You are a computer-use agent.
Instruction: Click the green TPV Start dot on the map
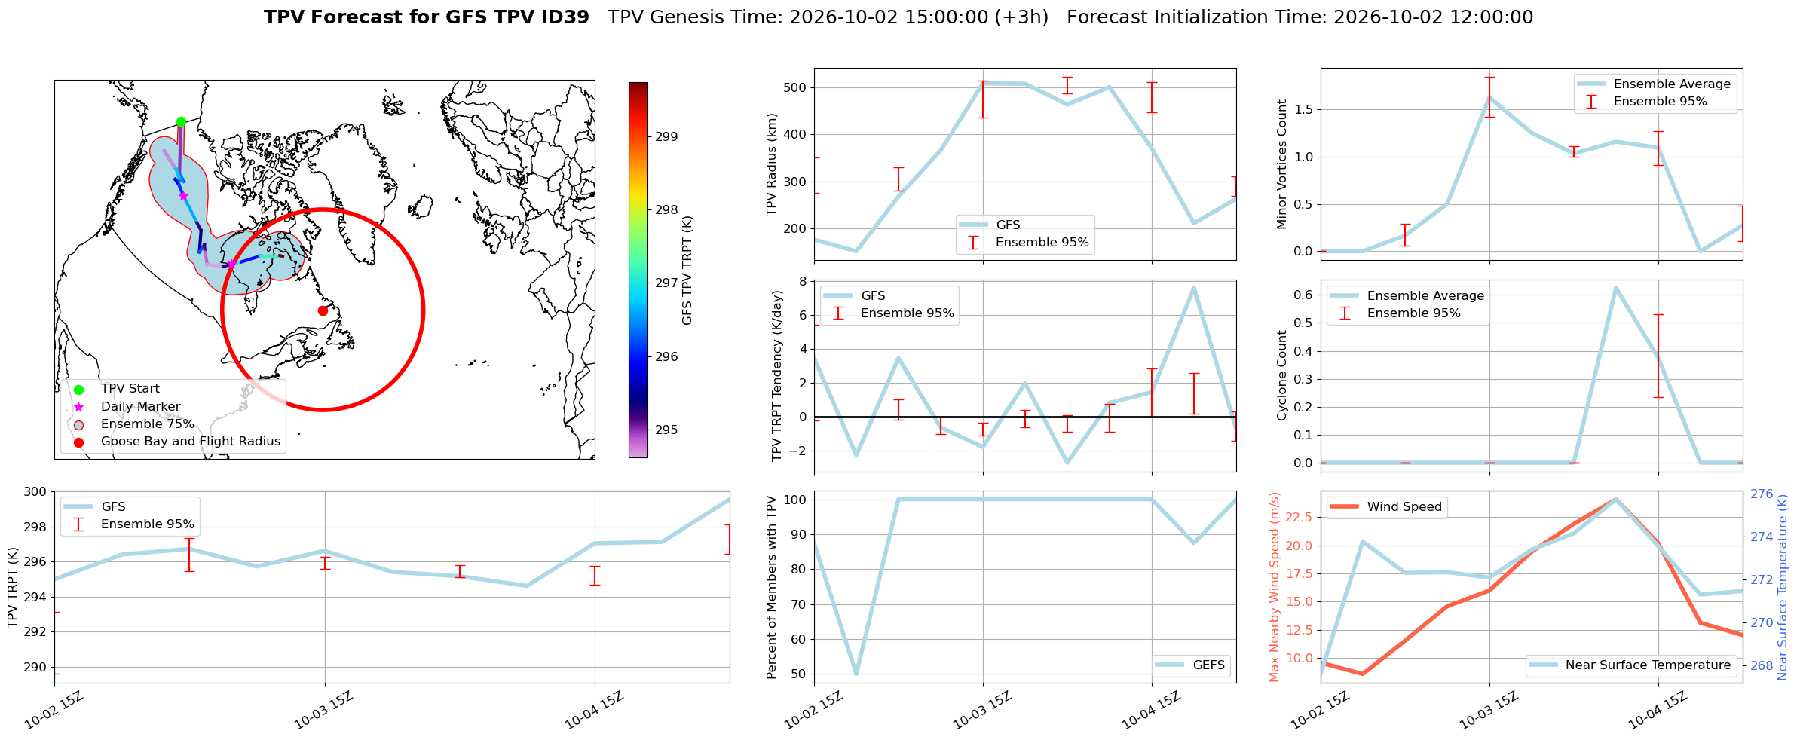point(181,121)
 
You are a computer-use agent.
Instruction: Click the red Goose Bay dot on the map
point(323,310)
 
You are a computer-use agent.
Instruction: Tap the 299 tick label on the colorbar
point(666,136)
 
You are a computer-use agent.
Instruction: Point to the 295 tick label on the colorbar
point(666,430)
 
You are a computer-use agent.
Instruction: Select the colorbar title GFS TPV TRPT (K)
point(687,271)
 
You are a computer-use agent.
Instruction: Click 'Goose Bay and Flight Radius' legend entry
point(191,442)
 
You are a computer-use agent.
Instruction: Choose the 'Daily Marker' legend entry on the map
point(141,407)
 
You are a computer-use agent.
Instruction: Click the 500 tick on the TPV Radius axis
point(795,87)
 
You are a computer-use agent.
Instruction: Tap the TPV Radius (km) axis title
point(772,164)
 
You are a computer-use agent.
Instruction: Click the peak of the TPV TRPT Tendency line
point(1193,287)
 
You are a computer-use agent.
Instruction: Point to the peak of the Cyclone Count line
point(1615,288)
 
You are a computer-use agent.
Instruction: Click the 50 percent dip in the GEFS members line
point(856,674)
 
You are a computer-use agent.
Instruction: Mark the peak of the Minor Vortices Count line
point(1489,96)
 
